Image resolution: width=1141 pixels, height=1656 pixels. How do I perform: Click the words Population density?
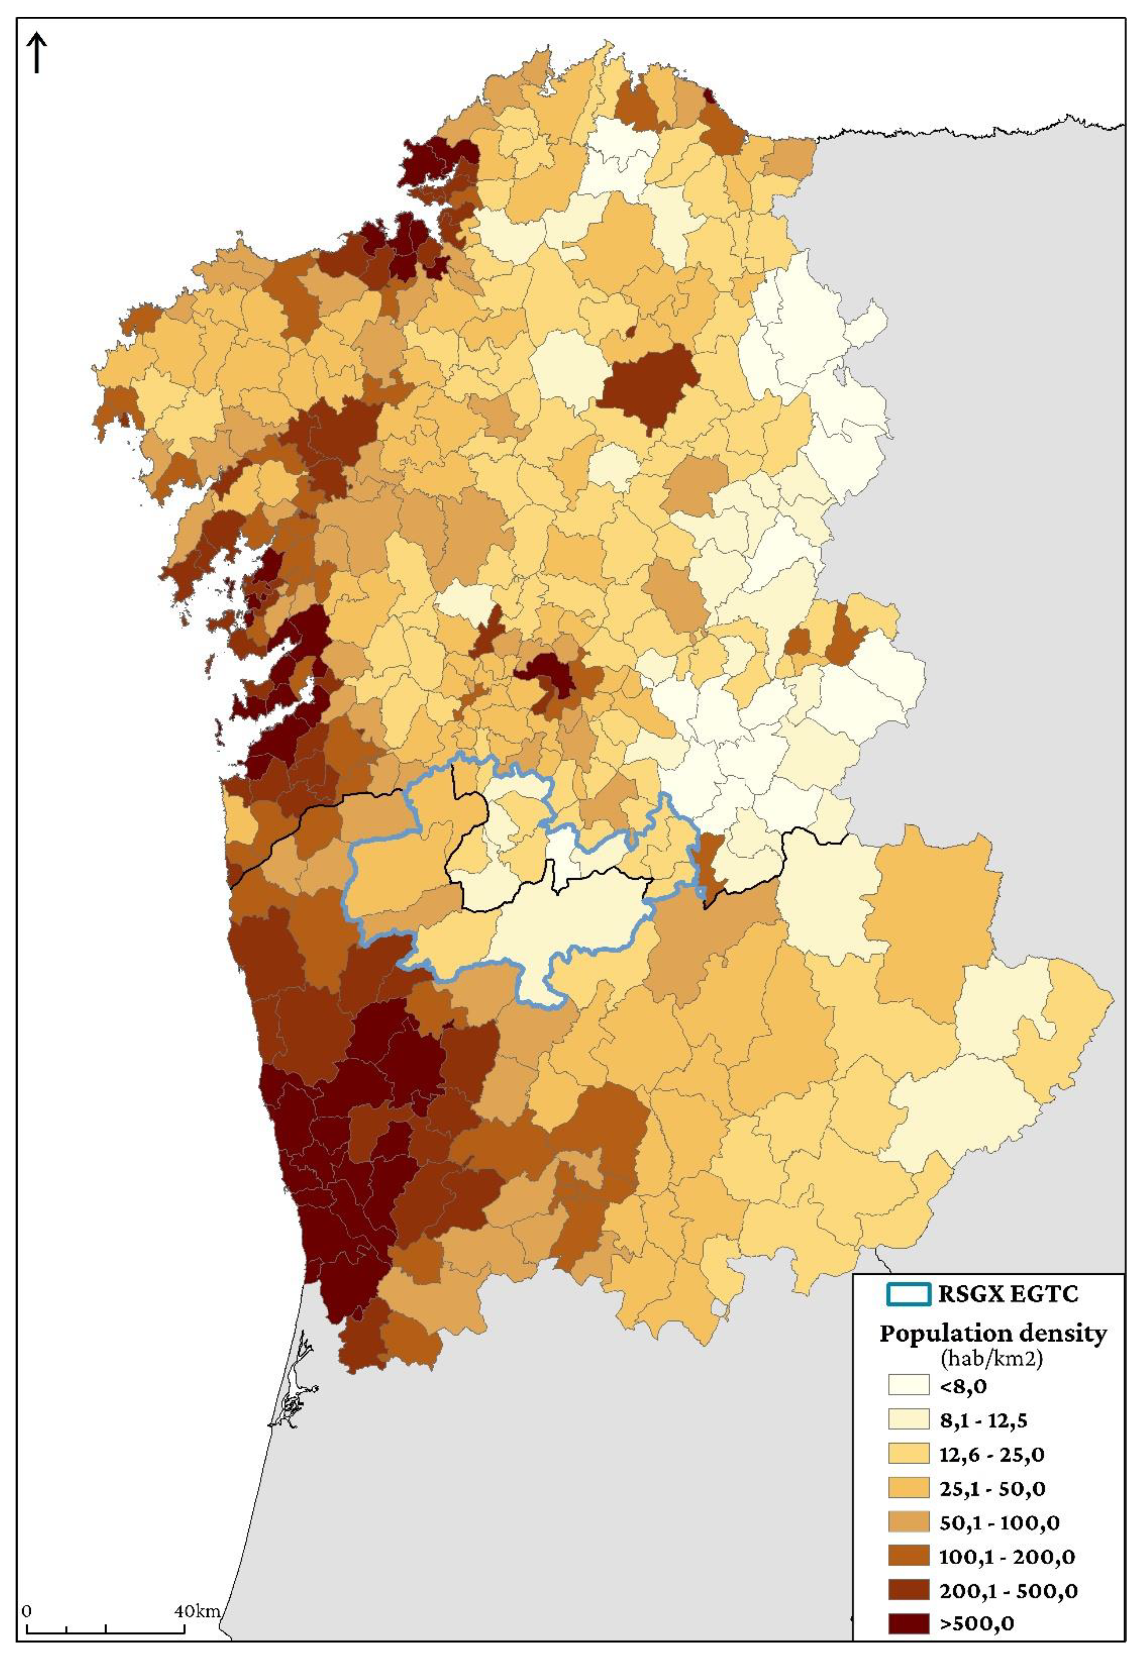coord(992,1334)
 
